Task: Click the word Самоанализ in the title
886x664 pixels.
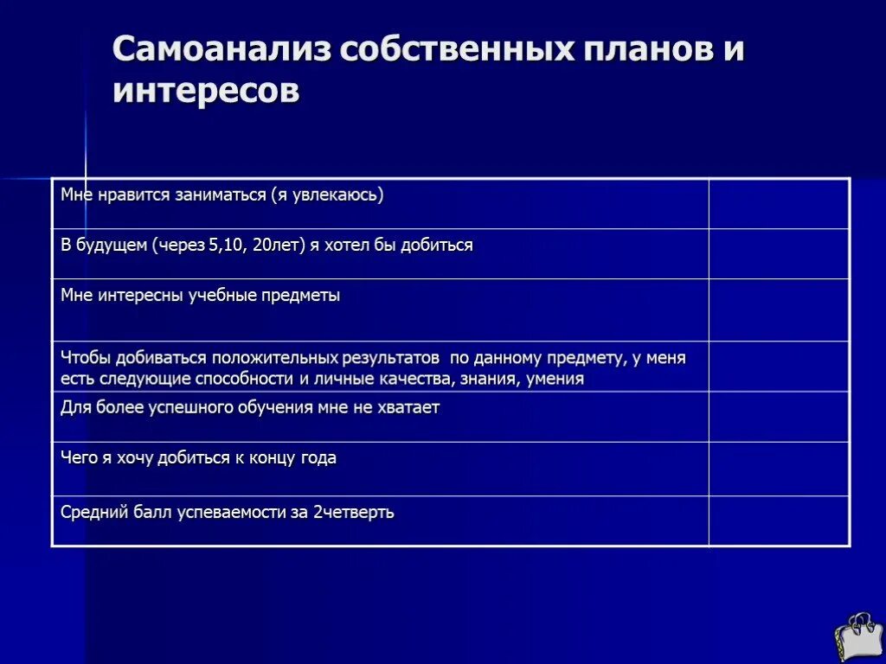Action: point(221,50)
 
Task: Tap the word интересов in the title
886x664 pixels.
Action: point(206,91)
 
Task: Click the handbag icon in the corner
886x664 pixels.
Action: point(857,637)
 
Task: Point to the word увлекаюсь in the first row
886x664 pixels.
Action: point(331,195)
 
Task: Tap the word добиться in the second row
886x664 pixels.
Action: point(437,246)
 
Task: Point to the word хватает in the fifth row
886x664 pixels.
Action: point(408,407)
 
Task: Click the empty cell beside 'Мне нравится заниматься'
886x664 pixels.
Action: point(779,204)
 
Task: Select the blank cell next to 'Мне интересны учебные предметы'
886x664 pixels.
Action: point(779,310)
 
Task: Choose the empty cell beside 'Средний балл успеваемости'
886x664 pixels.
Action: point(779,520)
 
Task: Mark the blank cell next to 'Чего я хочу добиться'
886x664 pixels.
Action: point(779,468)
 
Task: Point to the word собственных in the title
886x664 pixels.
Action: point(458,50)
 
